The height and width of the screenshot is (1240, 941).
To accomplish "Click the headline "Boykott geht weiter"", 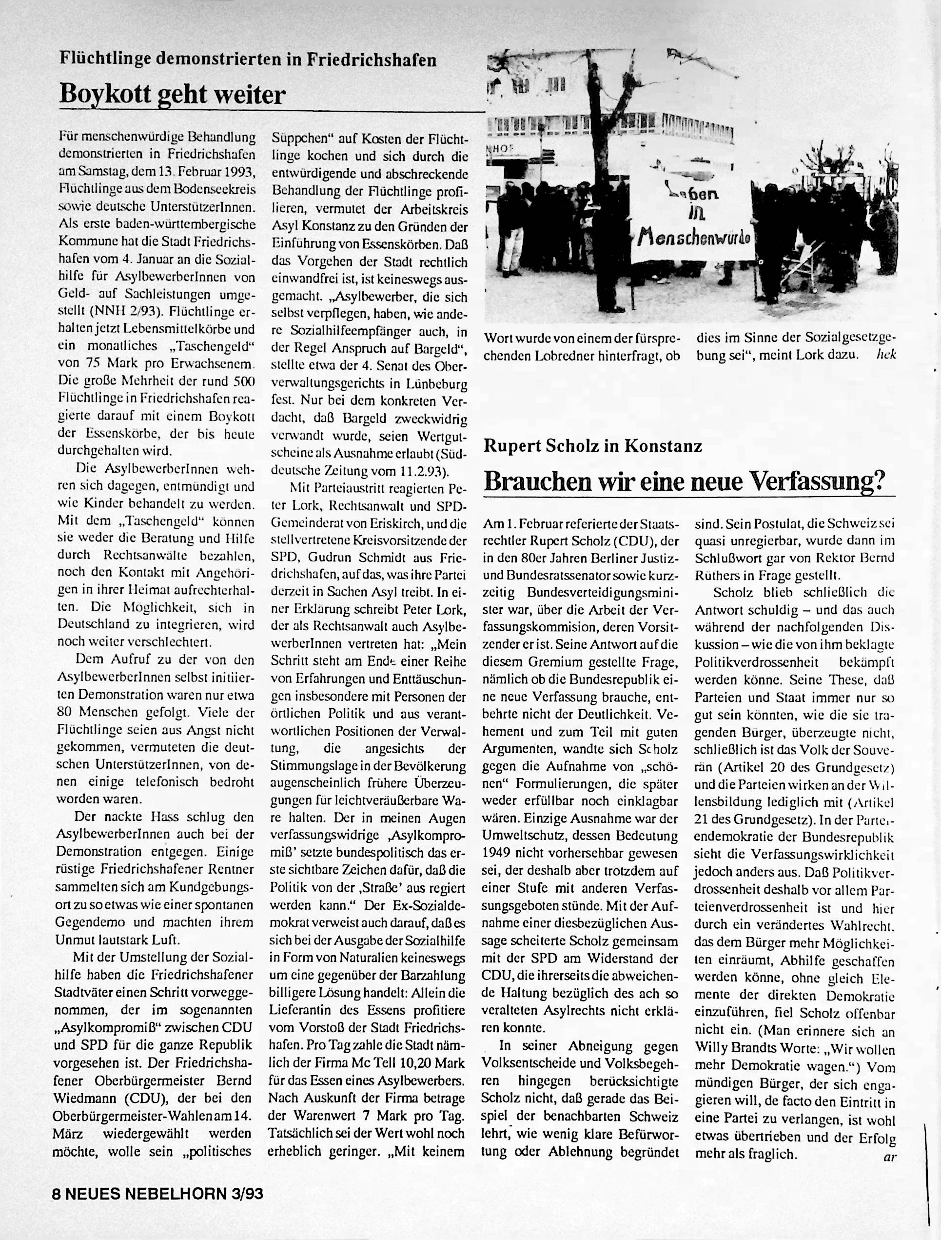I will pos(173,94).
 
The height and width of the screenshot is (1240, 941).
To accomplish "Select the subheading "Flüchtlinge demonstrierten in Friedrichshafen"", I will pos(248,60).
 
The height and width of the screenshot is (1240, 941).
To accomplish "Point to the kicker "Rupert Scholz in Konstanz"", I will pos(593,446).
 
